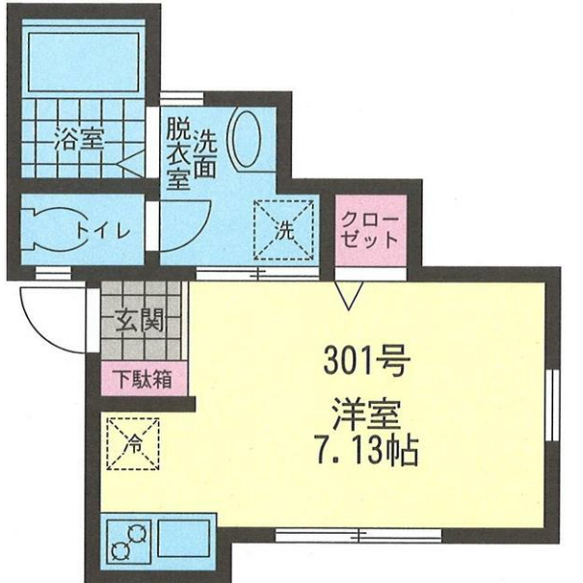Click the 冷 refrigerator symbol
[x=132, y=444]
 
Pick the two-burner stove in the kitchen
[x=128, y=543]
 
